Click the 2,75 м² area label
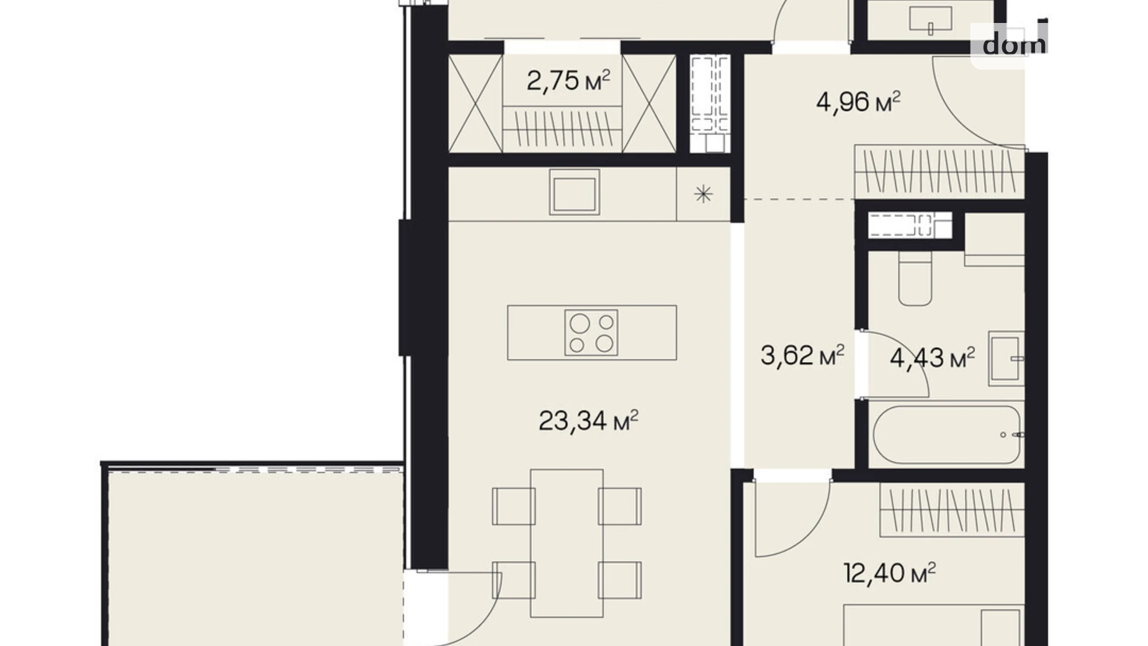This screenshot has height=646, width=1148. point(568,81)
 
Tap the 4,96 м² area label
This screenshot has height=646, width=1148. point(858,102)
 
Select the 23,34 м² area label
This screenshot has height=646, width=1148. point(588,421)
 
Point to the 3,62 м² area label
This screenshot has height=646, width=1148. point(802,356)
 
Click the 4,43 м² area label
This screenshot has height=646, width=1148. point(932,358)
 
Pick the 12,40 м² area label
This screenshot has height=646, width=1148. point(890,573)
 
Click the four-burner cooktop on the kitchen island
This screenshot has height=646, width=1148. point(591,333)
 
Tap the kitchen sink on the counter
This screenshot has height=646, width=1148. point(575,193)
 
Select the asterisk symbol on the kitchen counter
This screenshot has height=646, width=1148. point(703,194)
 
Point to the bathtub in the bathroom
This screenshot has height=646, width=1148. point(946,435)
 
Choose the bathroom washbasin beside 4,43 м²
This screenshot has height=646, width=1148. point(1006,358)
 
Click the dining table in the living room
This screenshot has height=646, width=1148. point(567,544)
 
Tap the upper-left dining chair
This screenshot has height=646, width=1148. point(514,506)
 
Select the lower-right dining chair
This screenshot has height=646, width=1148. point(620,580)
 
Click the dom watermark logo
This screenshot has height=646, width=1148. point(1014,44)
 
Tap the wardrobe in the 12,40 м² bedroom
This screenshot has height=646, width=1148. point(951,511)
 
